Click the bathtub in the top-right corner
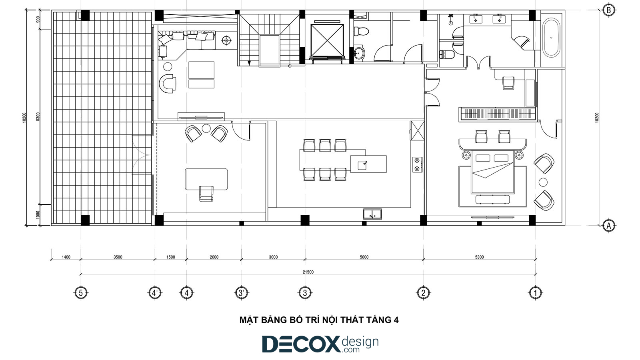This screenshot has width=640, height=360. tap(551, 38)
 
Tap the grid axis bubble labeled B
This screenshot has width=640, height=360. tap(608, 10)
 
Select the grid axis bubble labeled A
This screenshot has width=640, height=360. tap(608, 226)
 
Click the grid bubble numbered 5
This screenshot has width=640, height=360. tap(81, 293)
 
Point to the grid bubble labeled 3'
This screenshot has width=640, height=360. tap(242, 293)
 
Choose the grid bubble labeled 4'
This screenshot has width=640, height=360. tap(155, 293)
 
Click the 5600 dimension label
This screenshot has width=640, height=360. tap(364, 257)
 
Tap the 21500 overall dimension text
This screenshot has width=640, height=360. tap(308, 272)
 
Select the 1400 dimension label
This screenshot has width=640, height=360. tap(66, 257)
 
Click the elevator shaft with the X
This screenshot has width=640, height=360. tap(327, 40)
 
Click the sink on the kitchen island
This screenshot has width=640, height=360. tap(362, 165)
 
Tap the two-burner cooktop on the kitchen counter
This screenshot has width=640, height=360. tap(418, 164)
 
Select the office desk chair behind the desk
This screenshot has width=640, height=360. tap(206, 194)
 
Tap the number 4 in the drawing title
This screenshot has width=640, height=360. tap(396, 320)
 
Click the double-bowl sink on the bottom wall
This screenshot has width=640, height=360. tap(372, 214)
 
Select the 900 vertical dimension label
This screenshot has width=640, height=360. tap(38, 20)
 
